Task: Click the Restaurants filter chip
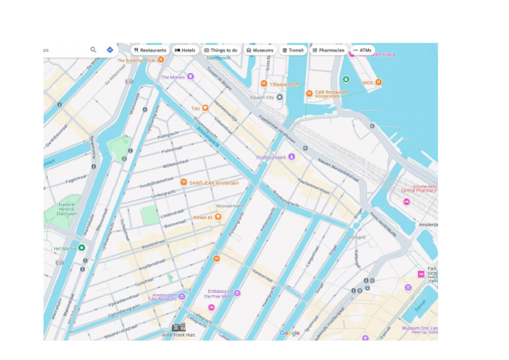click(150, 50)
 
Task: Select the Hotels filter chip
click(185, 50)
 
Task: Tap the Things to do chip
click(221, 50)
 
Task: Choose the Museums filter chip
click(259, 50)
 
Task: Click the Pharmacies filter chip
click(328, 50)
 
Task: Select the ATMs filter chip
click(363, 50)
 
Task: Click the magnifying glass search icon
click(93, 50)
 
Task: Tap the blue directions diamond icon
click(110, 50)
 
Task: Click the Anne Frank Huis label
click(178, 335)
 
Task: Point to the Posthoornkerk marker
click(291, 157)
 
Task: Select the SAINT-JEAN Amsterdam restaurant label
click(213, 182)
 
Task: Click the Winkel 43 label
click(203, 217)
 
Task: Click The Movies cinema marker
click(190, 77)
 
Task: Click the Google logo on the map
click(290, 333)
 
